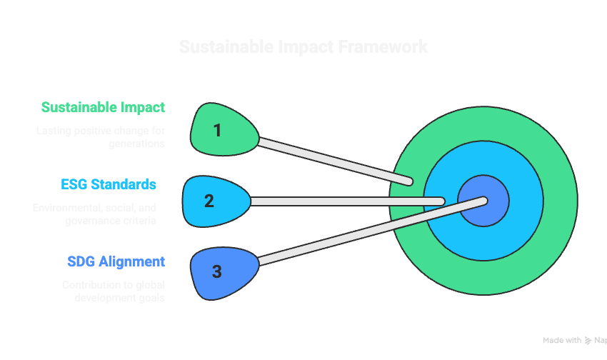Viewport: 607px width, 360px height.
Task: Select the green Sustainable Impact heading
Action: click(103, 108)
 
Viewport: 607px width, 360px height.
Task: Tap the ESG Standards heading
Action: click(109, 185)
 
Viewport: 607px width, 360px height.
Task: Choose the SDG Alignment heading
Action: click(116, 261)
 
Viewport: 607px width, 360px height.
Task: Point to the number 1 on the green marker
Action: click(217, 130)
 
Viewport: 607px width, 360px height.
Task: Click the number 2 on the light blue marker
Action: click(209, 201)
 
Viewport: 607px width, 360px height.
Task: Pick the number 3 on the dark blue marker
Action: click(217, 271)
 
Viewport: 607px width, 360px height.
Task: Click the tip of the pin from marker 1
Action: click(408, 181)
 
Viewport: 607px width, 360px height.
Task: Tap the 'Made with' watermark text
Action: click(561, 341)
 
